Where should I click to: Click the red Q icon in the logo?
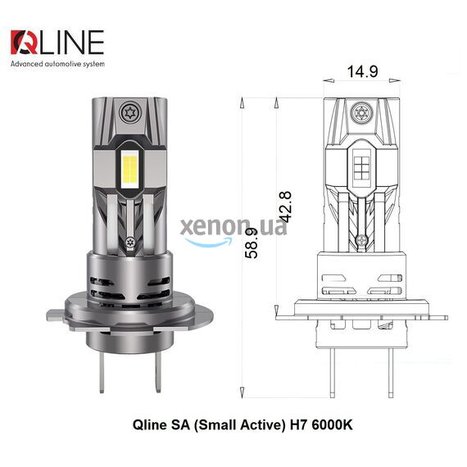tap(24, 43)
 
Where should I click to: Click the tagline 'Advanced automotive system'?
tap(57, 64)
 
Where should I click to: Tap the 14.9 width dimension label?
tap(362, 71)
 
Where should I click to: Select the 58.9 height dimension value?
tap(251, 243)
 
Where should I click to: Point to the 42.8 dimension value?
tap(286, 207)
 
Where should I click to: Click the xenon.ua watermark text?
tap(233, 227)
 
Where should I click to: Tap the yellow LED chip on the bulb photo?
tap(129, 169)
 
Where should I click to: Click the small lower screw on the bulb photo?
tap(129, 242)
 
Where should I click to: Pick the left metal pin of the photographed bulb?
tap(102, 373)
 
